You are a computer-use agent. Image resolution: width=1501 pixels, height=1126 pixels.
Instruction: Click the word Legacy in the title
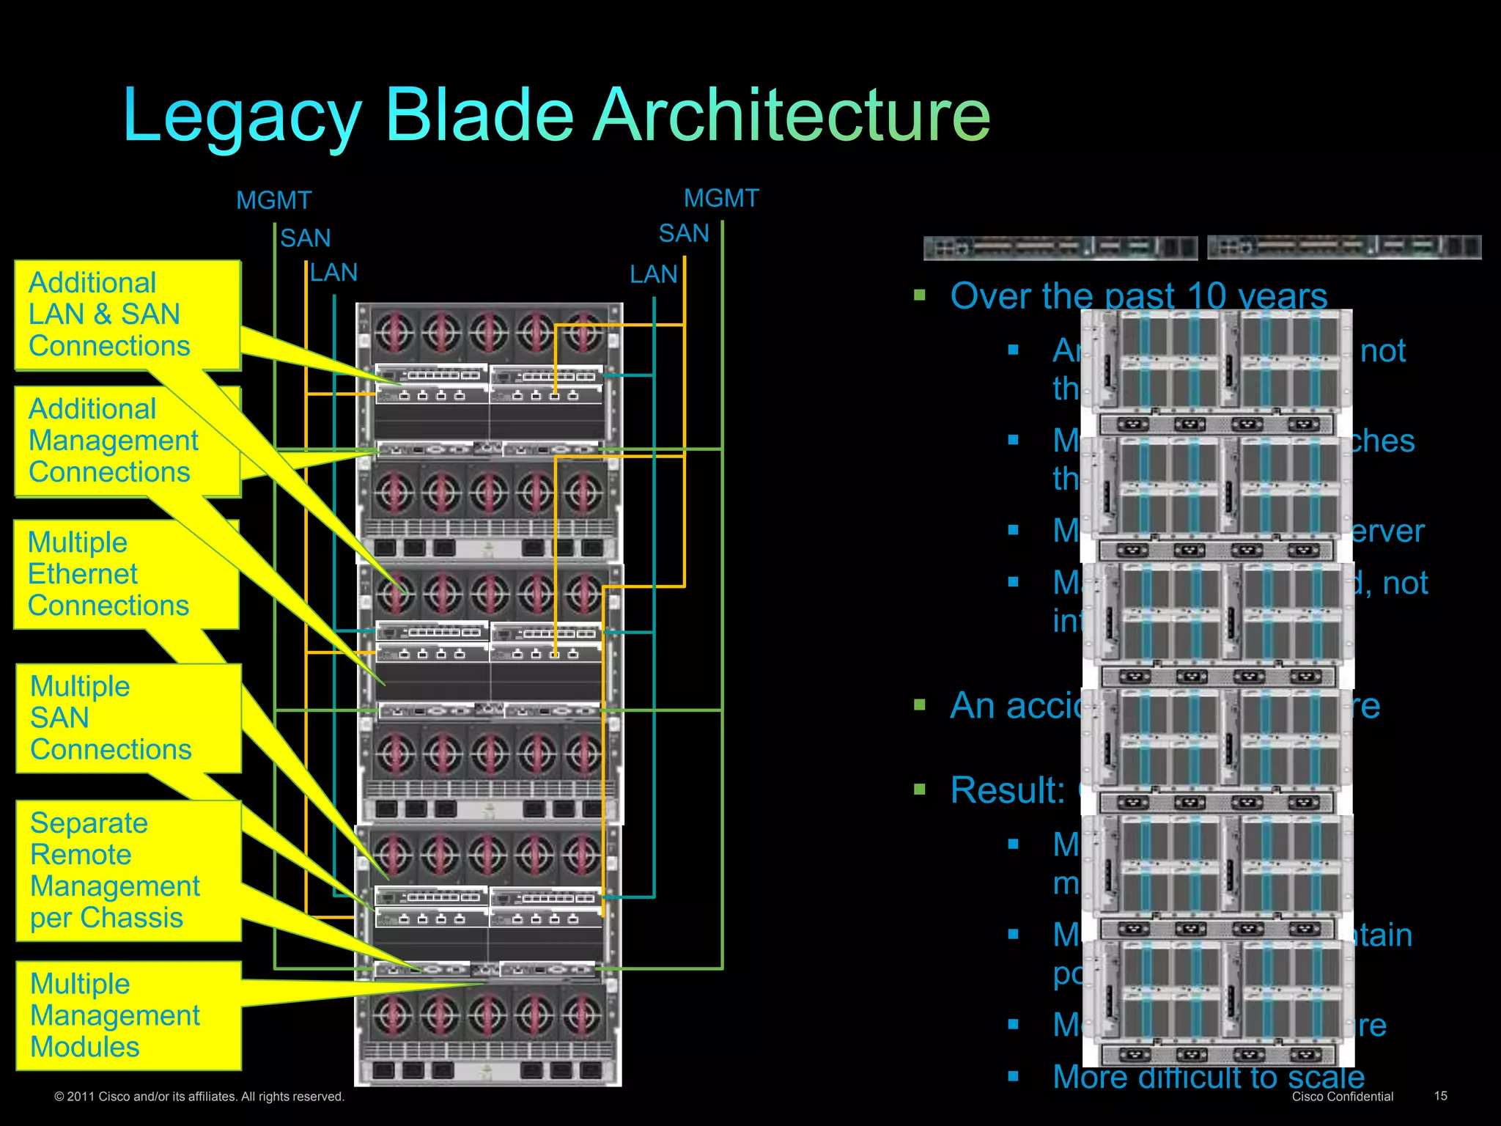tap(242, 116)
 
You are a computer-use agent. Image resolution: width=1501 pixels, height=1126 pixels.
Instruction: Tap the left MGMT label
tap(273, 200)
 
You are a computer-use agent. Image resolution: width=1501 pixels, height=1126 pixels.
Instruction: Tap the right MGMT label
tap(721, 198)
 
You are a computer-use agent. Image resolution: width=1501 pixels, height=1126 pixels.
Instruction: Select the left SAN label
tap(305, 238)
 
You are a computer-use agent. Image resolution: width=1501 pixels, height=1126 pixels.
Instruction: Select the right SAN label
tap(683, 233)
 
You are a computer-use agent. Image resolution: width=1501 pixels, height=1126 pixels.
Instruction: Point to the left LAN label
tap(333, 273)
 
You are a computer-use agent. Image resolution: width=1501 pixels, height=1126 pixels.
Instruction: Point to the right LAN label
tap(653, 274)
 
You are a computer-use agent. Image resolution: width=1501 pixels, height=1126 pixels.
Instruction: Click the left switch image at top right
tap(1060, 248)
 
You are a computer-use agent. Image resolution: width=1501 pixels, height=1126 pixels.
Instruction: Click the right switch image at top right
tap(1343, 247)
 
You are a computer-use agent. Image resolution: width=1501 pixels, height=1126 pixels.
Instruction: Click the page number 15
tap(1440, 1096)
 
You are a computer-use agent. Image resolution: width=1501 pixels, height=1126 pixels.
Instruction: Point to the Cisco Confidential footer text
tap(1342, 1097)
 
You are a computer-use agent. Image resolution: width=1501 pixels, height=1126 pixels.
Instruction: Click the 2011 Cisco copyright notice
tap(199, 1097)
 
